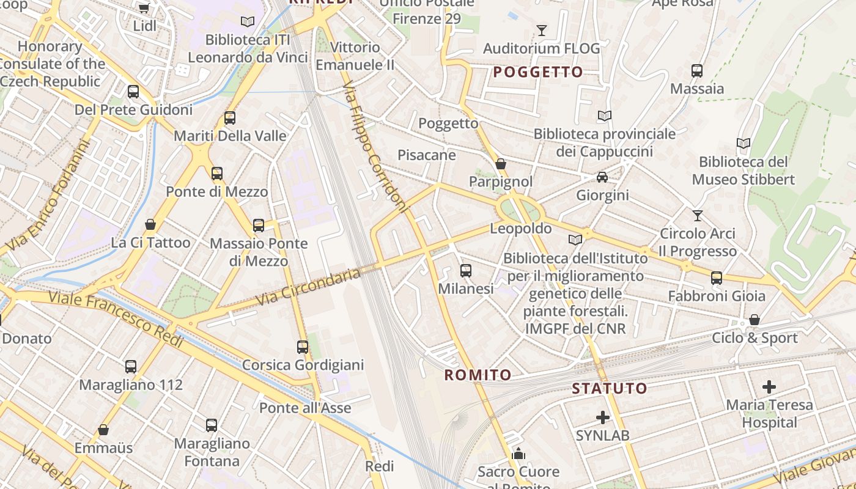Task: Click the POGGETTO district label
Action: click(538, 72)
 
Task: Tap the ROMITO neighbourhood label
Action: click(478, 375)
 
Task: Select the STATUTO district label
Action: click(609, 388)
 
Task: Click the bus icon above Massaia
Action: click(697, 70)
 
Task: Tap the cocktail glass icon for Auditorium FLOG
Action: click(541, 30)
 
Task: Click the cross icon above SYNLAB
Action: click(603, 417)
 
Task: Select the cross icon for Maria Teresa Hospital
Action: click(769, 386)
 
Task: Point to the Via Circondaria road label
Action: click(308, 287)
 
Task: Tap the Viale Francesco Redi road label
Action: click(116, 320)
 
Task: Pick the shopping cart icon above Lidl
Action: click(144, 8)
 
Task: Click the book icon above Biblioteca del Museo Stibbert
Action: click(743, 144)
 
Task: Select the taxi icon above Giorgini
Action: click(602, 177)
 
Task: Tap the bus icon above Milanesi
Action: click(466, 270)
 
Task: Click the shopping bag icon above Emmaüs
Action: click(103, 430)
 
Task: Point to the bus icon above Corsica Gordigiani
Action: click(303, 347)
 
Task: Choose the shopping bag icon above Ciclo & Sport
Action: click(755, 320)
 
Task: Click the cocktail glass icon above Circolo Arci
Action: click(697, 215)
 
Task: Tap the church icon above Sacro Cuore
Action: click(518, 454)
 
